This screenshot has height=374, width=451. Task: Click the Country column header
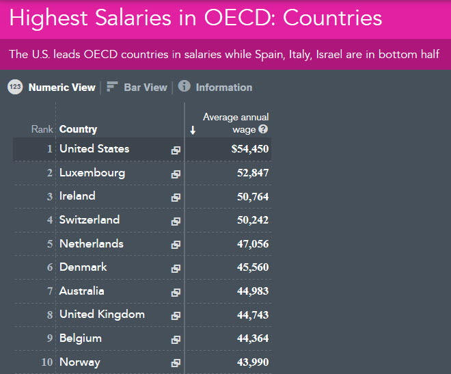[x=78, y=129]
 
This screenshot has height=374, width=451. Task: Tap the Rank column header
[x=42, y=129]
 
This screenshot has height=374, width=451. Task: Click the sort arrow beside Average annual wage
[x=193, y=130]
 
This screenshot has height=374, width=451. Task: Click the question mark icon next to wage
[x=263, y=129]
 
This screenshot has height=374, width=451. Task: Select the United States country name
[x=94, y=148]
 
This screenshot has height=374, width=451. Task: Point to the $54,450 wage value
[x=250, y=149]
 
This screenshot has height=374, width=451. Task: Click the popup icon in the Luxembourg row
[x=176, y=174]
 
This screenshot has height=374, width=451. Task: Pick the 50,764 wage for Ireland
[x=251, y=197]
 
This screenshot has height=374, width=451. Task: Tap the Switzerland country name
[x=90, y=219]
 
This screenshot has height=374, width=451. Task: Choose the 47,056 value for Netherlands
[x=251, y=244]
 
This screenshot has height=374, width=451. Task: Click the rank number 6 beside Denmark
[x=50, y=267]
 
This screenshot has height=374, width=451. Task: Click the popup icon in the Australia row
[x=176, y=292]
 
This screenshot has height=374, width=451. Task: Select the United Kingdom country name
[x=102, y=315]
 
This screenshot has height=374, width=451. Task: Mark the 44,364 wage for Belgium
[x=251, y=338]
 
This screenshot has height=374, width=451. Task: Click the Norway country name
[x=80, y=362]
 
